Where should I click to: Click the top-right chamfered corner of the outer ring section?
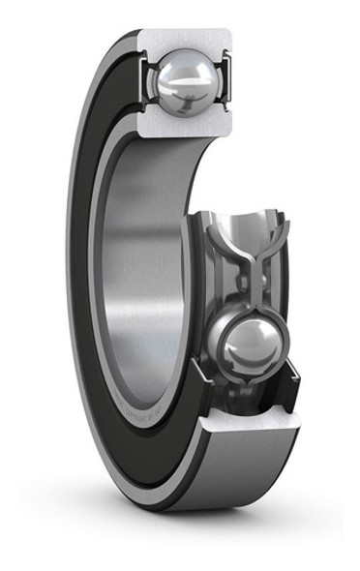pyautogui.click(x=233, y=35)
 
